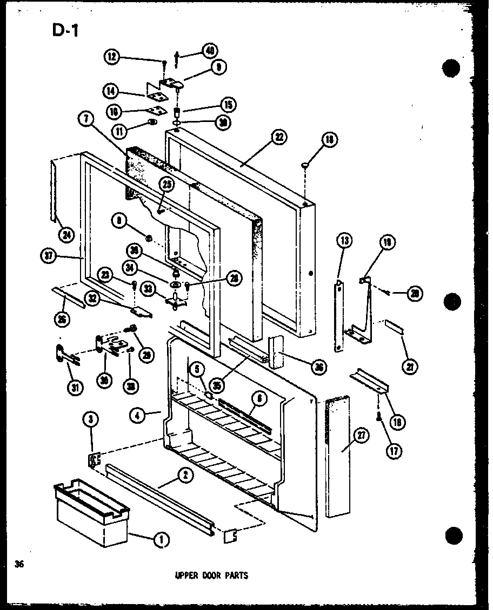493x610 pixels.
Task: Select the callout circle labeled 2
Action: [x=185, y=476]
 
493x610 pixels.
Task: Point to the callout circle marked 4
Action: [x=137, y=415]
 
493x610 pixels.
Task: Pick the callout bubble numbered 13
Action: [x=343, y=240]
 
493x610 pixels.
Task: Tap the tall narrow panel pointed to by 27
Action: [x=338, y=459]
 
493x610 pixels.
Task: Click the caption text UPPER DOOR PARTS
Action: [x=211, y=575]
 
